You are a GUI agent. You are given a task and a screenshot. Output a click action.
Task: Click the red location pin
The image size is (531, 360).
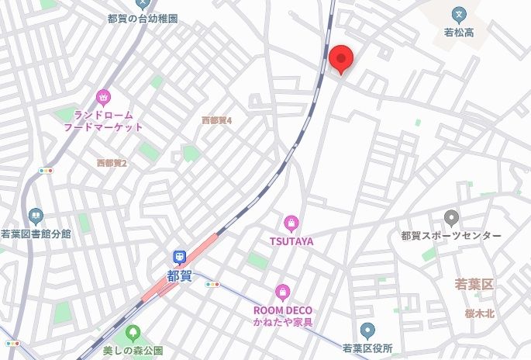click(x=341, y=58)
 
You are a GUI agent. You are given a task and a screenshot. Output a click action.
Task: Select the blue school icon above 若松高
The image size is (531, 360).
click(x=459, y=14)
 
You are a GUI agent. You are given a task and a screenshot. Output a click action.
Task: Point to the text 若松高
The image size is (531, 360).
click(x=459, y=33)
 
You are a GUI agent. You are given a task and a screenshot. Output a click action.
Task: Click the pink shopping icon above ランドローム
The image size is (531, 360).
click(x=103, y=97)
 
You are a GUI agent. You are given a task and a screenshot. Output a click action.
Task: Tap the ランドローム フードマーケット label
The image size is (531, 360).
click(x=103, y=120)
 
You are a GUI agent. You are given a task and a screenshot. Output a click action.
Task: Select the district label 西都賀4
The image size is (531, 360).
click(x=217, y=120)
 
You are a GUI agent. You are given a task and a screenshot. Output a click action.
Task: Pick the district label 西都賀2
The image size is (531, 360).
click(x=112, y=163)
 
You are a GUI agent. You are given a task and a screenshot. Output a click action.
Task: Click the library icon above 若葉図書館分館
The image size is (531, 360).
click(x=35, y=216)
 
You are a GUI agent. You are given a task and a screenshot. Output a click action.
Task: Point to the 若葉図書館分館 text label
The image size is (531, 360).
click(x=36, y=234)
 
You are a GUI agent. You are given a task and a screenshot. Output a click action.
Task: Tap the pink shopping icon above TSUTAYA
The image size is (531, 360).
click(x=291, y=223)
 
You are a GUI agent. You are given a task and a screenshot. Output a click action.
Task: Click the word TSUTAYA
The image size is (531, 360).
click(x=291, y=241)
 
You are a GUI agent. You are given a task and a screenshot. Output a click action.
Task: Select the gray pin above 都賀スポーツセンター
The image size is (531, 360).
click(x=452, y=218)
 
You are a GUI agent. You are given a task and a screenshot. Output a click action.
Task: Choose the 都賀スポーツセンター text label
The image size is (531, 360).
click(x=452, y=236)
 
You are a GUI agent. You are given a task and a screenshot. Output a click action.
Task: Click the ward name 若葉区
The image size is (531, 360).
click(x=474, y=285)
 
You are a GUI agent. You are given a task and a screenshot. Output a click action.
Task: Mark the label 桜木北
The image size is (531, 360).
click(x=480, y=313)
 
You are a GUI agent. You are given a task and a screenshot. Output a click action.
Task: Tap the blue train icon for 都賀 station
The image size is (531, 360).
click(x=179, y=257)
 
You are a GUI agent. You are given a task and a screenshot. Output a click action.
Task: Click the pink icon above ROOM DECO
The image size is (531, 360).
click(x=283, y=292)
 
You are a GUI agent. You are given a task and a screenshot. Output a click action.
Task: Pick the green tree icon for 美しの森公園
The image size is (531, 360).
click(x=133, y=333)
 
